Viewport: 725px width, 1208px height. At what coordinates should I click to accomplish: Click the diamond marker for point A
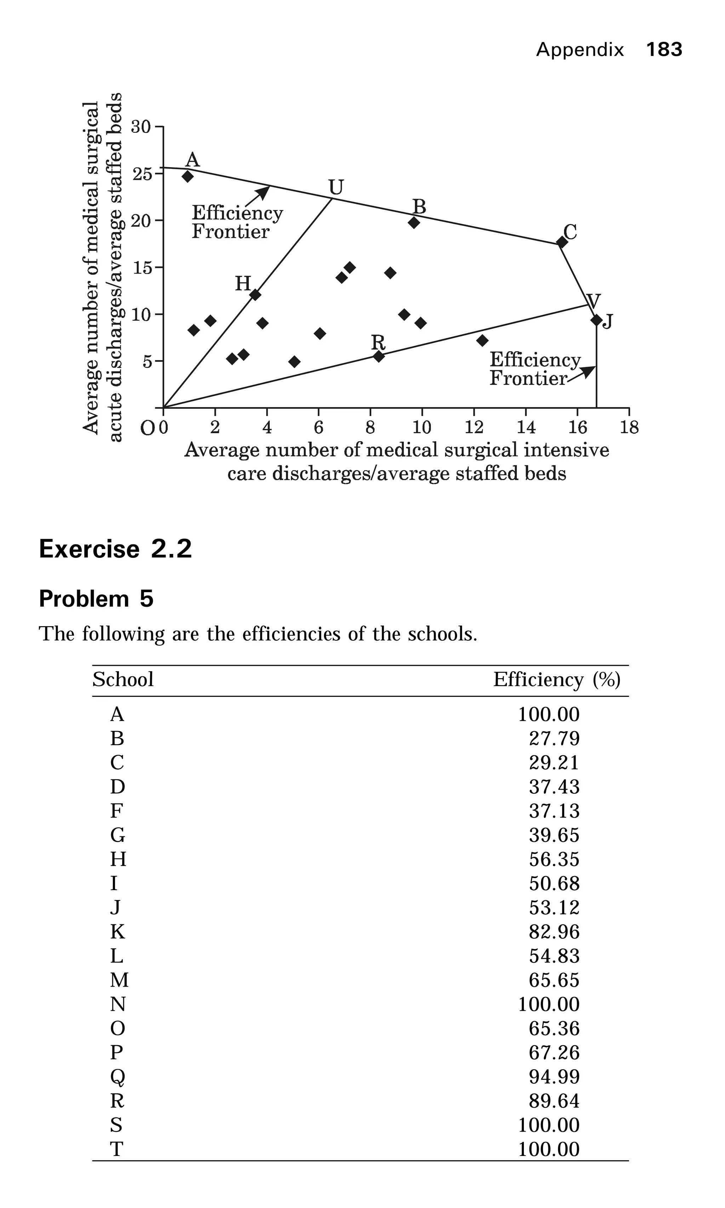point(188,176)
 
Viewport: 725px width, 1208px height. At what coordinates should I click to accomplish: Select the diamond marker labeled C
point(562,242)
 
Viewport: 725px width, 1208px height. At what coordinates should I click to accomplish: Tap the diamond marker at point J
point(596,320)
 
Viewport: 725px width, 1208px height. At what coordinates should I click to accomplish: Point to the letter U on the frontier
point(336,187)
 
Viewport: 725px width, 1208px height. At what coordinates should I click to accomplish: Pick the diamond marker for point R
point(379,356)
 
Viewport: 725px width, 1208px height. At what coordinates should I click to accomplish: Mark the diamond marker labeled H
point(255,294)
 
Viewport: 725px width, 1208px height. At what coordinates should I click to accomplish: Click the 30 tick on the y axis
point(141,127)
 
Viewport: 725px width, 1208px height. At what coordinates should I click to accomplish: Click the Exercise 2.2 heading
point(115,549)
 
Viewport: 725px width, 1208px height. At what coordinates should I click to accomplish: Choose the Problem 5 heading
point(96,599)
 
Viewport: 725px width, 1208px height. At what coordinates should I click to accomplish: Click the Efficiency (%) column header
point(556,680)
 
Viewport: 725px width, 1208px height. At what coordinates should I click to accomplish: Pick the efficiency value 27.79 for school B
point(554,739)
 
